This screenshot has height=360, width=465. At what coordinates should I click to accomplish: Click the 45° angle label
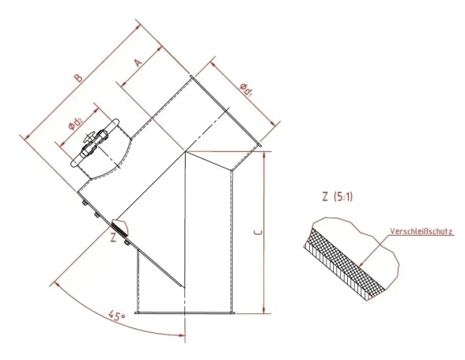point(117,316)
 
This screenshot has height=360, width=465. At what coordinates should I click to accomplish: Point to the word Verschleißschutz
point(421,233)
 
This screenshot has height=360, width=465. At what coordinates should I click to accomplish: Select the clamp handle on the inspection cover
point(94,144)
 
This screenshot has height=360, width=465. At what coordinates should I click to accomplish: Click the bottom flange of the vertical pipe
point(185,313)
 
